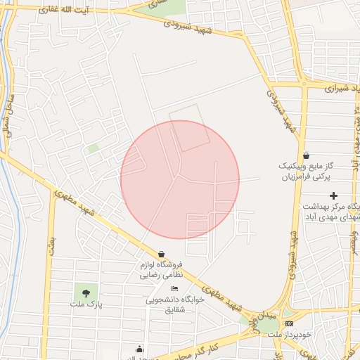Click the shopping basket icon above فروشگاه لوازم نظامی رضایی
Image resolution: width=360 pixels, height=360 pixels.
(162, 254)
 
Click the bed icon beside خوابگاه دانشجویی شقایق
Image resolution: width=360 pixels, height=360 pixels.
(174, 290)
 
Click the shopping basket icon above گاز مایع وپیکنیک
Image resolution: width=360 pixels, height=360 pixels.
(305, 155)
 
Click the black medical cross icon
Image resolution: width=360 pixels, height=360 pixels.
(333, 195)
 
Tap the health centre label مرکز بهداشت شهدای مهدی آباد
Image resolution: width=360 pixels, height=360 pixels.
(331, 212)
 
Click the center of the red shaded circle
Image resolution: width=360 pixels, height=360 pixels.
(180, 179)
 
